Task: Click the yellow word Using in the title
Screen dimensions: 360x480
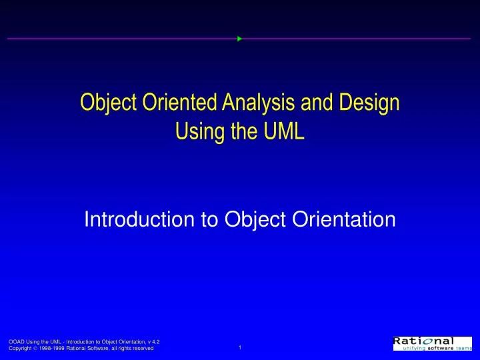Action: pyautogui.click(x=195, y=131)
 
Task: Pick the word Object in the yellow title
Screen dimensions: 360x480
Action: pyautogui.click(x=104, y=103)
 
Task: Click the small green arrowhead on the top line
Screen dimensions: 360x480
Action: pyautogui.click(x=239, y=39)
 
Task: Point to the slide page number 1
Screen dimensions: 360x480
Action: pyautogui.click(x=239, y=347)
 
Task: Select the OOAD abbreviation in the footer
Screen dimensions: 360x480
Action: pyautogui.click(x=16, y=341)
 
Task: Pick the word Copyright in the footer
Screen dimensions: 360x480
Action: pyautogui.click(x=20, y=349)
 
